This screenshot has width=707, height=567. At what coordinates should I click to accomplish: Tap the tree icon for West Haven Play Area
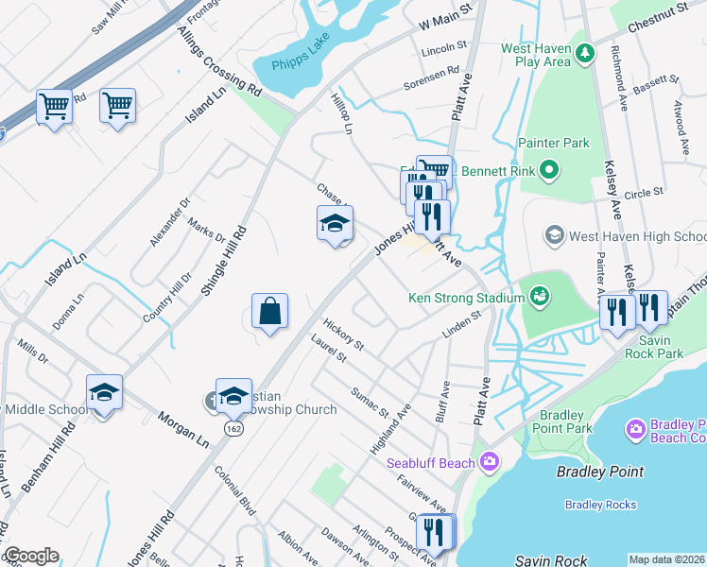click(x=584, y=51)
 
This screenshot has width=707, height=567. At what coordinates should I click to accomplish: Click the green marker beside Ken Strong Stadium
click(x=539, y=298)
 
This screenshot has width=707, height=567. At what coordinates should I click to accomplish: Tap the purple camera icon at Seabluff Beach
click(x=490, y=462)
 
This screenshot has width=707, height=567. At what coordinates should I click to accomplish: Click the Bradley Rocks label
click(x=600, y=505)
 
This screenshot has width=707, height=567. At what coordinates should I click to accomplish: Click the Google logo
click(x=31, y=556)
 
